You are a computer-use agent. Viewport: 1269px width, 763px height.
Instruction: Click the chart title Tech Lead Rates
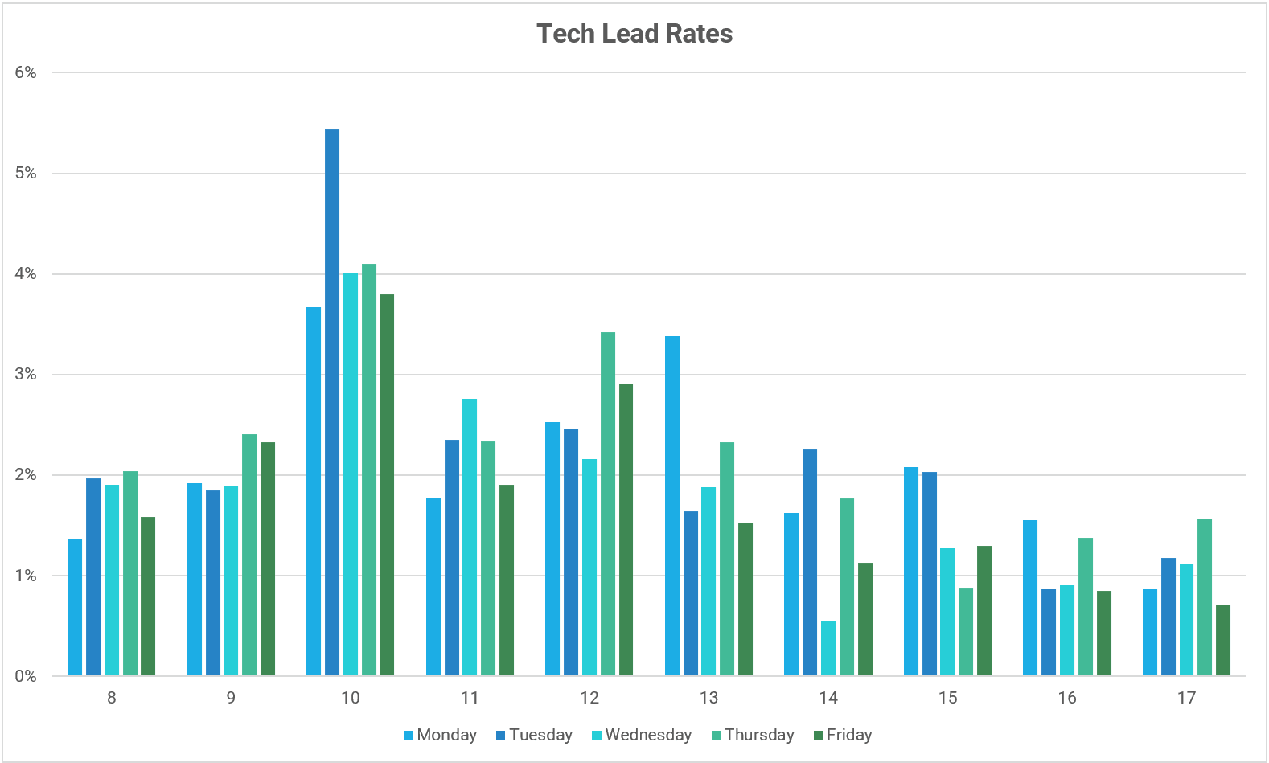[634, 34]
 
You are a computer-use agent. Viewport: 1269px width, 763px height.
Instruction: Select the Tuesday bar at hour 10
[332, 402]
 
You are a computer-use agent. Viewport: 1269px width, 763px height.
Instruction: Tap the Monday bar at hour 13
[672, 507]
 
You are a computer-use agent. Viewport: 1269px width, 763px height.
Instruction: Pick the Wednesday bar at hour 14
[828, 648]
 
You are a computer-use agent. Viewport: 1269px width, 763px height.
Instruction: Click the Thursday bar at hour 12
[608, 504]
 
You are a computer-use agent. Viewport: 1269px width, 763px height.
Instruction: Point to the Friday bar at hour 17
[1223, 640]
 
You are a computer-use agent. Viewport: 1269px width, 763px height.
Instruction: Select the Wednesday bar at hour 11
[470, 537]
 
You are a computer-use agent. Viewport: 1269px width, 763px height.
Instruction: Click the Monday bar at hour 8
[75, 607]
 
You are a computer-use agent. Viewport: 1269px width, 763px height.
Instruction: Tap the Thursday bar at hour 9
[249, 555]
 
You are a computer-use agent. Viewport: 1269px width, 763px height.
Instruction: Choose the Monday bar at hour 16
[1030, 598]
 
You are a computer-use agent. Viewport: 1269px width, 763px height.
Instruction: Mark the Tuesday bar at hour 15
[930, 574]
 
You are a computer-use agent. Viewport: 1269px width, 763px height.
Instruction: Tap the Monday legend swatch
[409, 735]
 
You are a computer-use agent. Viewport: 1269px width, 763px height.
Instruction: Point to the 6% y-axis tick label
[26, 72]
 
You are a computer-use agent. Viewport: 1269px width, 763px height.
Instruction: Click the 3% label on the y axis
[26, 375]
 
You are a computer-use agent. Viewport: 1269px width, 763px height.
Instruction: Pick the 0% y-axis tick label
[26, 676]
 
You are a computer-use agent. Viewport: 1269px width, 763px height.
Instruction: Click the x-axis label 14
[828, 698]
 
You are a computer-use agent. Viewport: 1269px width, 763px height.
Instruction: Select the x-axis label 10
[351, 698]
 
